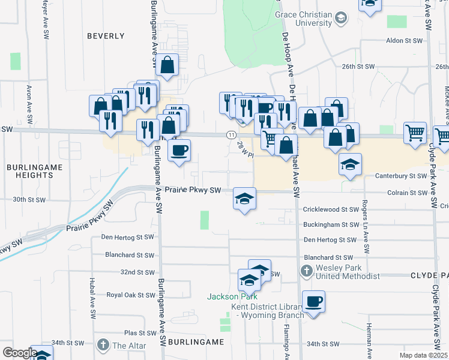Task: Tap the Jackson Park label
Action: (232, 296)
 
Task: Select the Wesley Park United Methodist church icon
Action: (306, 271)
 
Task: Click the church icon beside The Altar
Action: (103, 345)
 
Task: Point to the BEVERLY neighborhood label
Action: (106, 36)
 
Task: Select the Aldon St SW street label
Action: (405, 41)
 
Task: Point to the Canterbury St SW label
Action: (400, 176)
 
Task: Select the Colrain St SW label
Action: (406, 193)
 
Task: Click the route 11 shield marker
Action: (231, 136)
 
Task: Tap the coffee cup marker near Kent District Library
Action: (313, 301)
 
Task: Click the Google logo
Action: (20, 353)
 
